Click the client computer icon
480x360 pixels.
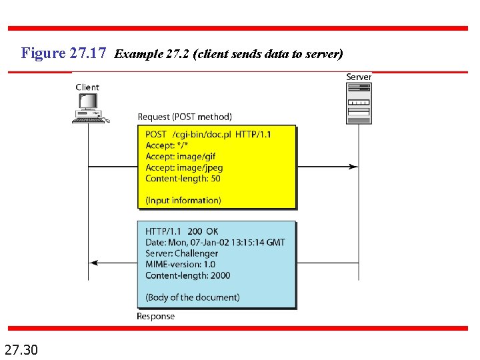89,107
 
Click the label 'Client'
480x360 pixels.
87,87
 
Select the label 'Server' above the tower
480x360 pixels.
359,77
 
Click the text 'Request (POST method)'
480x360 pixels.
185,117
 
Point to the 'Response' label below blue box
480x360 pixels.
155,316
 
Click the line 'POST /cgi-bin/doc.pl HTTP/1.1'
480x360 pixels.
208,135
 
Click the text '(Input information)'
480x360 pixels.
183,200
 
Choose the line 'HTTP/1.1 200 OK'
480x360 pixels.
182,231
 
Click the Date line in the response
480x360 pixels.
215,242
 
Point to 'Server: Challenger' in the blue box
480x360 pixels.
181,253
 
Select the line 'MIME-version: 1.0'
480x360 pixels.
180,264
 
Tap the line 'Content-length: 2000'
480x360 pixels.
187,275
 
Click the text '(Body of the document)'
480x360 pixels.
192,297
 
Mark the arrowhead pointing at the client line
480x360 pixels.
93,263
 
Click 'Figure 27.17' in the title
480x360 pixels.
64,53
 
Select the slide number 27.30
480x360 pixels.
21,348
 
